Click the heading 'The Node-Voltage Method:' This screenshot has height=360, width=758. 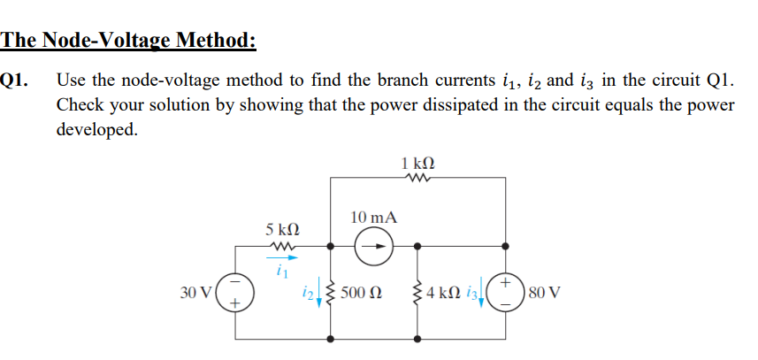click(129, 41)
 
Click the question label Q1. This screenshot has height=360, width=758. click(17, 80)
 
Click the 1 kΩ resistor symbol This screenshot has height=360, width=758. click(417, 179)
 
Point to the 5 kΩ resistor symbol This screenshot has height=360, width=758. click(286, 246)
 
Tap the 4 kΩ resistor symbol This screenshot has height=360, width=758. click(417, 290)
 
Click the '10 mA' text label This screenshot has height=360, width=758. click(373, 217)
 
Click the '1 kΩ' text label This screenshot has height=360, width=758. click(417, 163)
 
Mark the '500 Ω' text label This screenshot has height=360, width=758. click(363, 290)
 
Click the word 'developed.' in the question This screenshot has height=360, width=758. click(96, 129)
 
